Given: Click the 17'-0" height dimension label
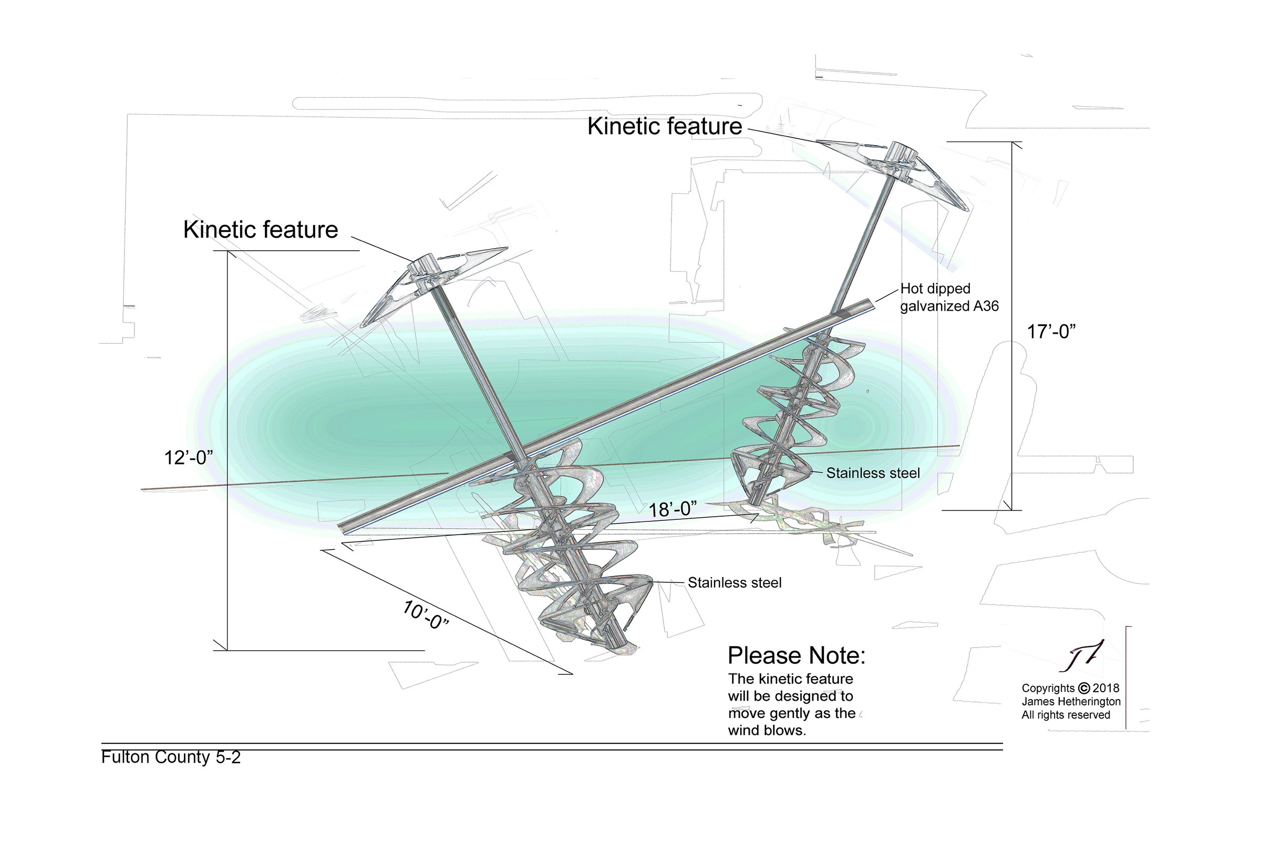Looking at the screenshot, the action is (x=1051, y=332).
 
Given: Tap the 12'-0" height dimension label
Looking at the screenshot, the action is (x=189, y=458).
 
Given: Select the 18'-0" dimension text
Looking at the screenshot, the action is (x=673, y=509).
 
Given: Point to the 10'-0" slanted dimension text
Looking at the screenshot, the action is (x=425, y=615).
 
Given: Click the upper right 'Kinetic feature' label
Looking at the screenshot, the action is (x=665, y=126).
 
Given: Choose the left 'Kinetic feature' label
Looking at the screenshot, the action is (x=261, y=230).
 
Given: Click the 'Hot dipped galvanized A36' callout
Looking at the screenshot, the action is (x=949, y=297).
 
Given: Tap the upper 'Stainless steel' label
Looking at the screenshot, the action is (x=873, y=473).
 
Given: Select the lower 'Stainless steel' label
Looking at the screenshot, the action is (x=735, y=582).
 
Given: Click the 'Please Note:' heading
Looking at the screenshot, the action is (x=797, y=655).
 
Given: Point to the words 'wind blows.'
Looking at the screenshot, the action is (x=767, y=731).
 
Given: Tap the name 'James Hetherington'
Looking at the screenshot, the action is (x=1071, y=702).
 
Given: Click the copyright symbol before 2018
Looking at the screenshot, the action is (x=1084, y=688).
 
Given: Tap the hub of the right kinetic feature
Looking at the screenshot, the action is (x=903, y=153).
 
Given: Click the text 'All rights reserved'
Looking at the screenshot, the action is (x=1066, y=715).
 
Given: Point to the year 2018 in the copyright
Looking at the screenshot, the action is (x=1106, y=688).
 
